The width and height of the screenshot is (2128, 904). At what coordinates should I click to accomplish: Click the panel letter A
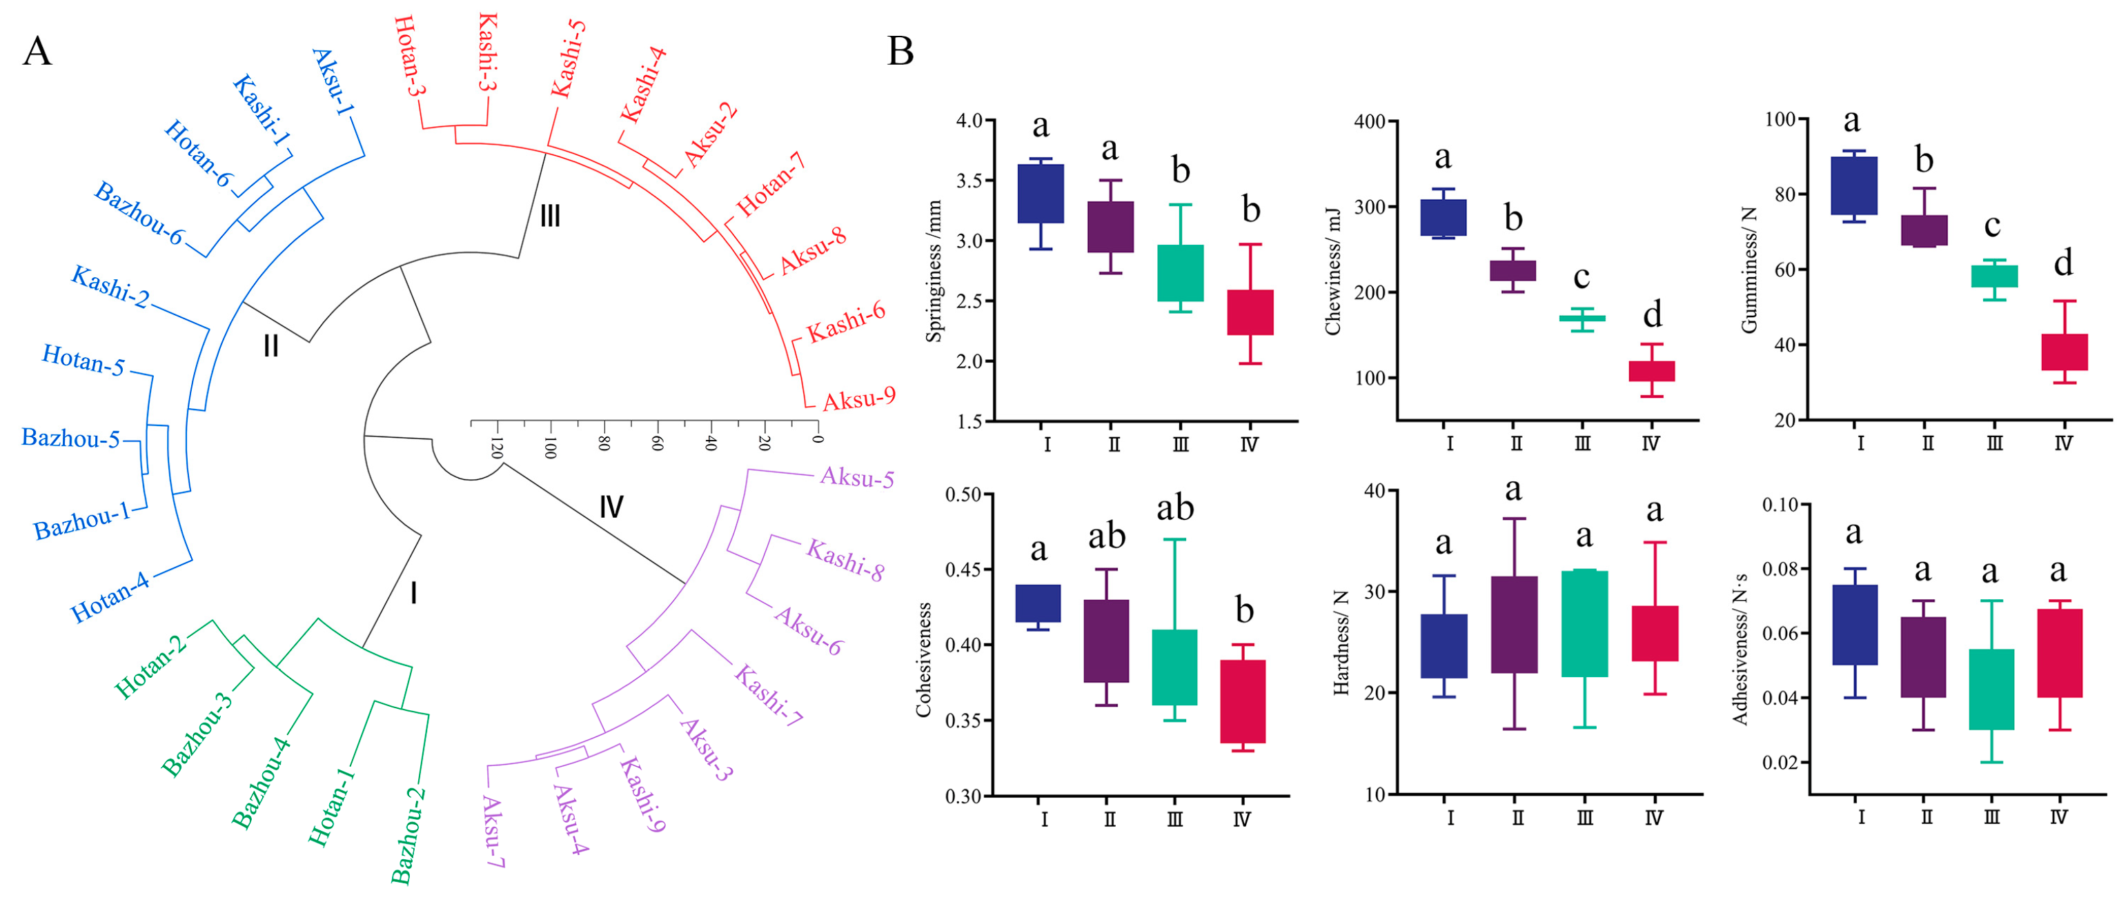[x=37, y=52]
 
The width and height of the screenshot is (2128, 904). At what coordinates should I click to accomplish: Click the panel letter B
[x=900, y=52]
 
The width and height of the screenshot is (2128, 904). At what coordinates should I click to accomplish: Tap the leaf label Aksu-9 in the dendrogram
[x=858, y=399]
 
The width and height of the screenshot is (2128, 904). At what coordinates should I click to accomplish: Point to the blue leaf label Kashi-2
[x=110, y=286]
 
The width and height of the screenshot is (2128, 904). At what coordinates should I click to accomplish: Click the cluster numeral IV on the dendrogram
[x=611, y=507]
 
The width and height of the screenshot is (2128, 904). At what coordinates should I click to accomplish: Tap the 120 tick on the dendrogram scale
[x=497, y=448]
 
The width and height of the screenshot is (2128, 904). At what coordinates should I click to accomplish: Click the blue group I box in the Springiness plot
[x=1040, y=194]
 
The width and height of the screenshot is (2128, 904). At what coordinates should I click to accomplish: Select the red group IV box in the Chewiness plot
[x=1651, y=371]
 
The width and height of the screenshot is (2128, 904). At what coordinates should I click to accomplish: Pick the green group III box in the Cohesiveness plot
[x=1174, y=667]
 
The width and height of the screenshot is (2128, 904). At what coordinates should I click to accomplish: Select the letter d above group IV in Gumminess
[x=2062, y=263]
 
